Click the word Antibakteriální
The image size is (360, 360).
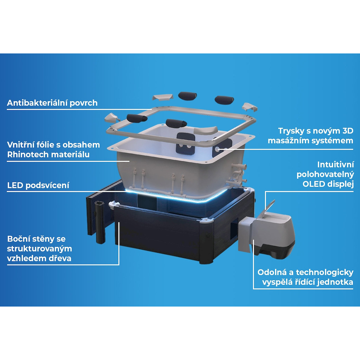[x=37, y=103]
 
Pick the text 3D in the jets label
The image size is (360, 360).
[x=348, y=131]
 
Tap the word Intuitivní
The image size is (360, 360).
[x=335, y=165]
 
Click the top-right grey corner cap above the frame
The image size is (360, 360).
[x=250, y=107]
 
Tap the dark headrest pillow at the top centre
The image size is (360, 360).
[x=188, y=96]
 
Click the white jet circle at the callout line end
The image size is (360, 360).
[x=217, y=149]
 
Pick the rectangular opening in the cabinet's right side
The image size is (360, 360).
[x=234, y=229]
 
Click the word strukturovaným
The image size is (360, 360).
[x=39, y=249]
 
